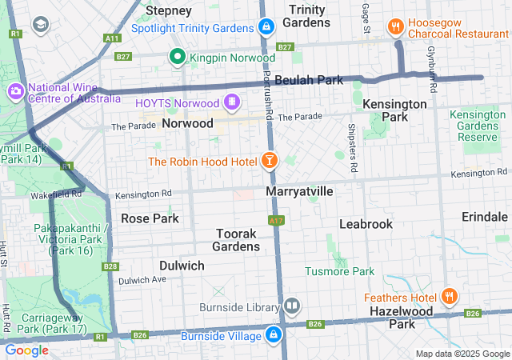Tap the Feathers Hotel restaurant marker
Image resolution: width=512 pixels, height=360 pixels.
tap(450, 296)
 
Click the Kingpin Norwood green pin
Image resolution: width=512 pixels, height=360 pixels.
tap(177, 57)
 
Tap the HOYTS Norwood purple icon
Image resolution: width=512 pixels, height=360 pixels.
tap(231, 102)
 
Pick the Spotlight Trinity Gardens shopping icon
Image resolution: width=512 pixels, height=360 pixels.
tap(266, 28)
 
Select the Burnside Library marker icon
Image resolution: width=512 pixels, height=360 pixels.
tap(292, 306)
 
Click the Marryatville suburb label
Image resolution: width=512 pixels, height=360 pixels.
tap(299, 192)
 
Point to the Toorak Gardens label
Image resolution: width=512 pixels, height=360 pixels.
tap(238, 240)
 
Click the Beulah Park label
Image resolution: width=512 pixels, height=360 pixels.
tap(308, 80)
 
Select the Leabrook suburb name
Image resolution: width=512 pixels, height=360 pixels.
tap(366, 224)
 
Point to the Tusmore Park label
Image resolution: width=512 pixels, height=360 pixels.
tap(340, 271)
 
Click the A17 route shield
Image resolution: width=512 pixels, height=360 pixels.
tap(276, 220)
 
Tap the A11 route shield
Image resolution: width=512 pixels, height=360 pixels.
tap(112, 38)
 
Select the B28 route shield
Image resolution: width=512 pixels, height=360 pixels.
tap(110, 266)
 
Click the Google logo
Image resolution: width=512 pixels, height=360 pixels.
tap(26, 350)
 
